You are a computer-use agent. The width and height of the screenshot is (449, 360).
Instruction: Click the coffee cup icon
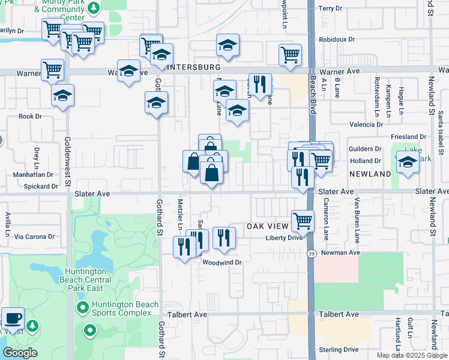click(x=13, y=317)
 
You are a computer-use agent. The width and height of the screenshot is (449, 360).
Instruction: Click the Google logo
click(x=20, y=353)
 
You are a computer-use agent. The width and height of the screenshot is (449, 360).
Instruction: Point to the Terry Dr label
click(x=330, y=8)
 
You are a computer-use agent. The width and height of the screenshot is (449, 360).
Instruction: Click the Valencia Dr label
click(x=366, y=125)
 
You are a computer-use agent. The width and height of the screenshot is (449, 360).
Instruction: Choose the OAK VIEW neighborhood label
click(x=268, y=227)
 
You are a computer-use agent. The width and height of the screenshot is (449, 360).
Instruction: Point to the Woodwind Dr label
click(x=221, y=262)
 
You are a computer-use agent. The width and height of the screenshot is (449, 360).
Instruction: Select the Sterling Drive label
click(x=339, y=350)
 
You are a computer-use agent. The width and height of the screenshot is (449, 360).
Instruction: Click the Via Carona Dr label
click(x=34, y=237)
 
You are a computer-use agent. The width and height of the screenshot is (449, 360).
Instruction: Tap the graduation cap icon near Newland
click(x=408, y=162)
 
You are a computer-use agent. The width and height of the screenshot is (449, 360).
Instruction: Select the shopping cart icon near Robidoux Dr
click(x=290, y=55)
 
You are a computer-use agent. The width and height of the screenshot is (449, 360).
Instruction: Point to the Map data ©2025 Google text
click(x=411, y=355)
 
